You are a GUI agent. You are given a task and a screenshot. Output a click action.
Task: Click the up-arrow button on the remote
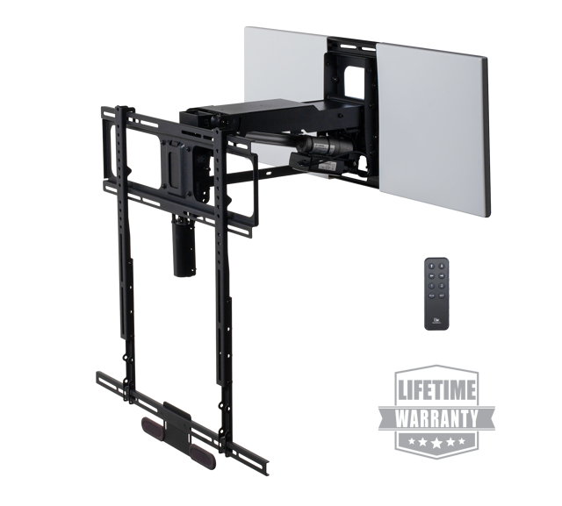pos(431,266)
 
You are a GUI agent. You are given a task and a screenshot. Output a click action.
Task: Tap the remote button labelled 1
pos(431,286)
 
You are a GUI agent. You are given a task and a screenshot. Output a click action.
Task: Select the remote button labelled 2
pos(442,286)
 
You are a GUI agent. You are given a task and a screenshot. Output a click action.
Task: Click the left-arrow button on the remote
pos(431,275)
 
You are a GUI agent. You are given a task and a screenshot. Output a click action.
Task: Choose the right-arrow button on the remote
pos(442,275)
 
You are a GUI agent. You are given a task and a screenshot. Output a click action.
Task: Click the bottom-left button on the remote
pos(431,296)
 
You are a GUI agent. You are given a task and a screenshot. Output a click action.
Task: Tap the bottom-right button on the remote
pos(442,296)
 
